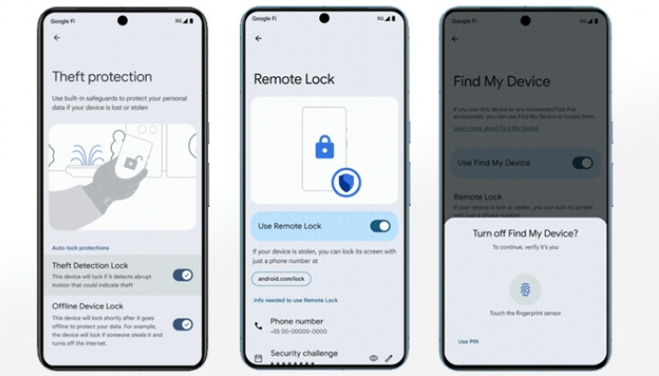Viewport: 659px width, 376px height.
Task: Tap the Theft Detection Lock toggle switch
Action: [x=183, y=274]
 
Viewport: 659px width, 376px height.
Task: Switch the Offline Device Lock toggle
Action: [x=183, y=324]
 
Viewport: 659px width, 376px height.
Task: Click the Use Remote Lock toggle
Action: [x=380, y=226]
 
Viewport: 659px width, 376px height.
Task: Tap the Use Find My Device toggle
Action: [x=583, y=163]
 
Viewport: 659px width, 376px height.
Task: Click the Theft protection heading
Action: [x=102, y=77]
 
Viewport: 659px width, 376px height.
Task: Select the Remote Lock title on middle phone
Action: [x=294, y=80]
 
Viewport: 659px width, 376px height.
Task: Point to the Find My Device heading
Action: [x=502, y=82]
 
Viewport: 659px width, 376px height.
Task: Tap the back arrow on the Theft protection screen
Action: [x=57, y=38]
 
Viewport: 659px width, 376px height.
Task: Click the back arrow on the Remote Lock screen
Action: [x=259, y=39]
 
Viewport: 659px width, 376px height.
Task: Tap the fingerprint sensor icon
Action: [x=524, y=288]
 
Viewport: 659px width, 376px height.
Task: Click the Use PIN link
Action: [x=467, y=340]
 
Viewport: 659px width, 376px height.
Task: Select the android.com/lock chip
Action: [x=280, y=278]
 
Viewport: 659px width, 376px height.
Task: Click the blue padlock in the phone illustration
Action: [x=324, y=148]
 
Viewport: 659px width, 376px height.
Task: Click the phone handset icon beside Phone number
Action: [x=259, y=325]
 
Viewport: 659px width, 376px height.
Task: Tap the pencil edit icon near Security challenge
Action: [x=389, y=358]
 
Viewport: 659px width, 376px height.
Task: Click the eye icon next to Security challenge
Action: [x=373, y=358]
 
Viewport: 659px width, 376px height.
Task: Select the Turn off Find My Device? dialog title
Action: [x=524, y=233]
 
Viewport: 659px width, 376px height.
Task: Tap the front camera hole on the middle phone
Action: [x=325, y=18]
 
